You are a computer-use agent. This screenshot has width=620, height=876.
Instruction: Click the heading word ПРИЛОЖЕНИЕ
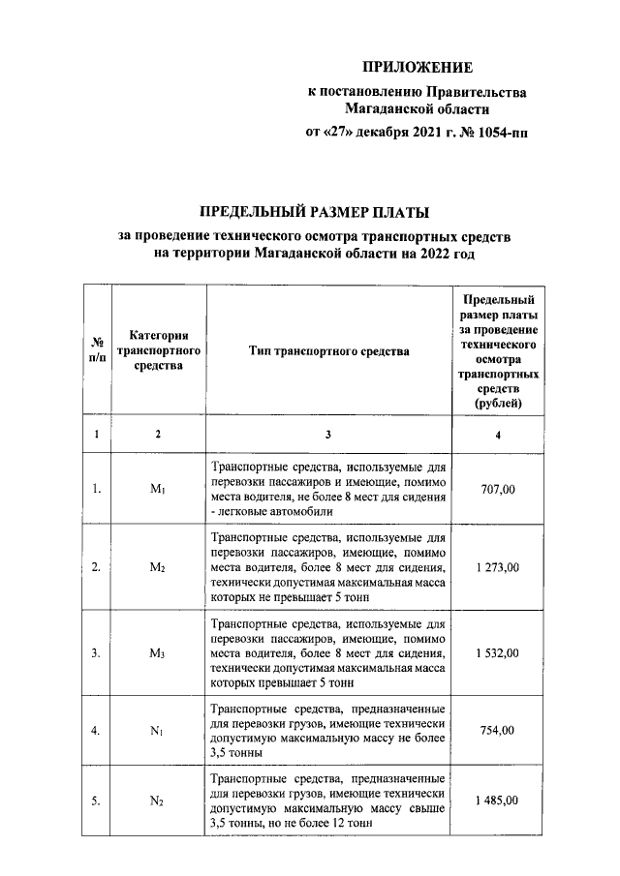(418, 68)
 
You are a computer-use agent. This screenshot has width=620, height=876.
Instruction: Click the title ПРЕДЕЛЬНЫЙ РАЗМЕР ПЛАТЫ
(313, 212)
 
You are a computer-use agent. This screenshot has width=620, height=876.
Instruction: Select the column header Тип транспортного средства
(328, 351)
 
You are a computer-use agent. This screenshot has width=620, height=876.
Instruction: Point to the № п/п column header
(97, 351)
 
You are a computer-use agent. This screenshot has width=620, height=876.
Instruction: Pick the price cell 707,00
(498, 490)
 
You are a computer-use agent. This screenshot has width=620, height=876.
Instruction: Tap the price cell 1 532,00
(498, 653)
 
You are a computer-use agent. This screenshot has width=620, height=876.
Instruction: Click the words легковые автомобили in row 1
(275, 511)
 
